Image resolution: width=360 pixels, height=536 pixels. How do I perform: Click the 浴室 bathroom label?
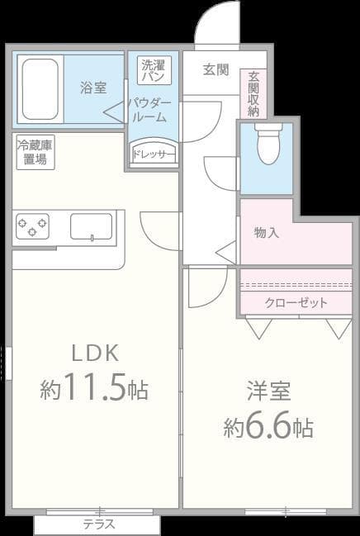pyautogui.click(x=92, y=86)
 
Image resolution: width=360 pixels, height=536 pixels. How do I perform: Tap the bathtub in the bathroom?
pyautogui.click(x=39, y=89)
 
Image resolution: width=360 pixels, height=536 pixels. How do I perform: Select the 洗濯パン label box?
pyautogui.click(x=153, y=70)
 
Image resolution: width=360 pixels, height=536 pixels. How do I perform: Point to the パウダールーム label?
pyautogui.click(x=149, y=109)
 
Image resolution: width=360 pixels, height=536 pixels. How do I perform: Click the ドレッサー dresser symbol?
pyautogui.click(x=154, y=154)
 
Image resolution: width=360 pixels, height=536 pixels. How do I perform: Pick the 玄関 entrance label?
pyautogui.click(x=216, y=69)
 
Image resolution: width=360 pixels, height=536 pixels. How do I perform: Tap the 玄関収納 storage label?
pyautogui.click(x=252, y=93)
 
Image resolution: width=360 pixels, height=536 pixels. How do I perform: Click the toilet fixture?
pyautogui.click(x=269, y=144)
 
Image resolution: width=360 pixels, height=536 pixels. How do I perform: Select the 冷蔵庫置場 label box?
pyautogui.click(x=36, y=153)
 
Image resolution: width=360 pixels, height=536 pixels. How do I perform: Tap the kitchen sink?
pyautogui.click(x=91, y=226)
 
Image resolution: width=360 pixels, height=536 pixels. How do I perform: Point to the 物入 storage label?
pyautogui.click(x=266, y=232)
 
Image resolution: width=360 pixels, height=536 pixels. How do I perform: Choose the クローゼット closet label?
pyautogui.click(x=296, y=302)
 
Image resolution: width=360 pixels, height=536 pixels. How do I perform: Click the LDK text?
pyautogui.click(x=95, y=353)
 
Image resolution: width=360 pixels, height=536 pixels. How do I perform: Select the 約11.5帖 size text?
pyautogui.click(x=94, y=389)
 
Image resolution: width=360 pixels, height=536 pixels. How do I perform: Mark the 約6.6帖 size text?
pyautogui.click(x=268, y=427)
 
